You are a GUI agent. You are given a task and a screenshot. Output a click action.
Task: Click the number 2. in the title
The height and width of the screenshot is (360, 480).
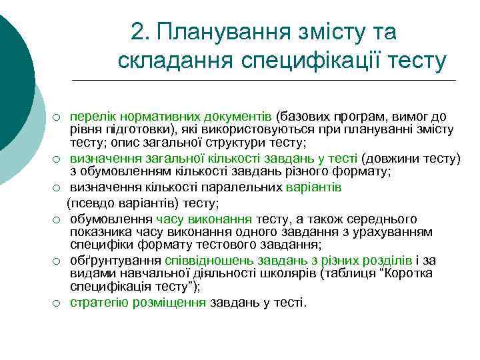click(141, 31)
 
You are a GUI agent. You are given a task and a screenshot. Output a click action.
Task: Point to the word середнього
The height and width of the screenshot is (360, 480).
click(382, 219)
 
